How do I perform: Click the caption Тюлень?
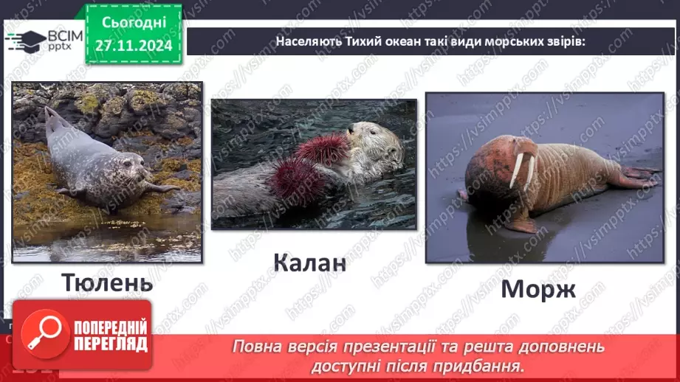pos(107,283)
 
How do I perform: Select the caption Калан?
pos(309,263)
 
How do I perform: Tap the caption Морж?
pos(538,289)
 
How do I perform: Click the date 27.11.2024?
pos(134,46)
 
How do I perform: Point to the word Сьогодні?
pos(134,23)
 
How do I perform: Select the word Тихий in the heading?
pos(362,41)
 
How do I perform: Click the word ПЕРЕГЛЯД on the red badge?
pos(111,344)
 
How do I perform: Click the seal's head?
pos(131,166)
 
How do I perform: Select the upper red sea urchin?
pos(323,148)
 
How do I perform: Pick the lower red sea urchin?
pos(296,181)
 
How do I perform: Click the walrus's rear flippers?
pos(637,176)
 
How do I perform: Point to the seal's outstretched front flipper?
pos(162,187)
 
